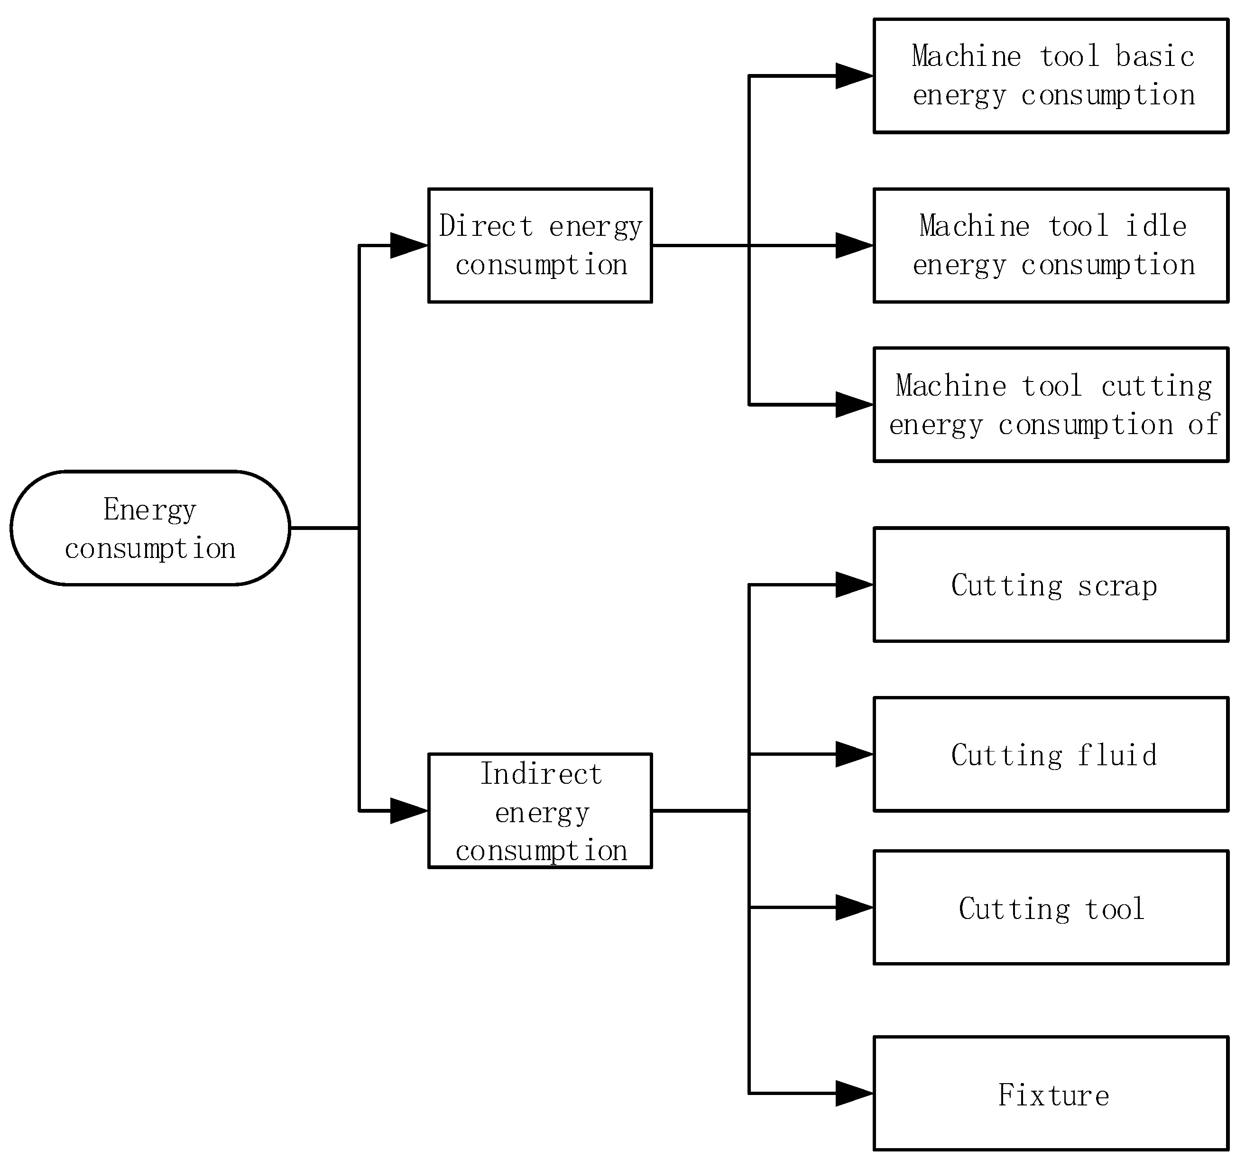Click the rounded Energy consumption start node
(150, 528)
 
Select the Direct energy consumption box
(540, 246)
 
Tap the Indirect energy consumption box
(540, 811)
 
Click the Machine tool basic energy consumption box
(1051, 76)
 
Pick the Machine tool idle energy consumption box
(1051, 246)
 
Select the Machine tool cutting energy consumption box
(1051, 405)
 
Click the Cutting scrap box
(1051, 585)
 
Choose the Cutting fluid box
(1051, 754)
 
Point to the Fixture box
(1051, 1094)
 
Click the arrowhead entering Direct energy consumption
(409, 246)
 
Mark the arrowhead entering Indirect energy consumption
(409, 811)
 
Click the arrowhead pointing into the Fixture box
(854, 1094)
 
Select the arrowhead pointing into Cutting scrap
(854, 585)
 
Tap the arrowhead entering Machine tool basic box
(854, 76)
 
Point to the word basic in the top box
(1155, 56)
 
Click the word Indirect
(541, 774)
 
